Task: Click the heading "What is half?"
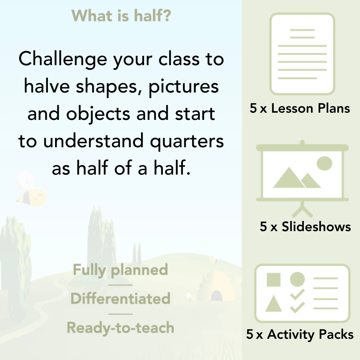(121, 15)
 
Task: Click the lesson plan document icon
(302, 54)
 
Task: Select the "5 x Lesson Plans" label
(300, 108)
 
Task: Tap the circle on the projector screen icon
(324, 163)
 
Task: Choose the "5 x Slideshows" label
(305, 226)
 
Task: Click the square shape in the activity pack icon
(274, 279)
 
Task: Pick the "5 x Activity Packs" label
(300, 334)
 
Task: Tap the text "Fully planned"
(120, 270)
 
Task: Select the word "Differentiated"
(120, 299)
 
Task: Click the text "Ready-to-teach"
(120, 328)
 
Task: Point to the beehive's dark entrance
(216, 296)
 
